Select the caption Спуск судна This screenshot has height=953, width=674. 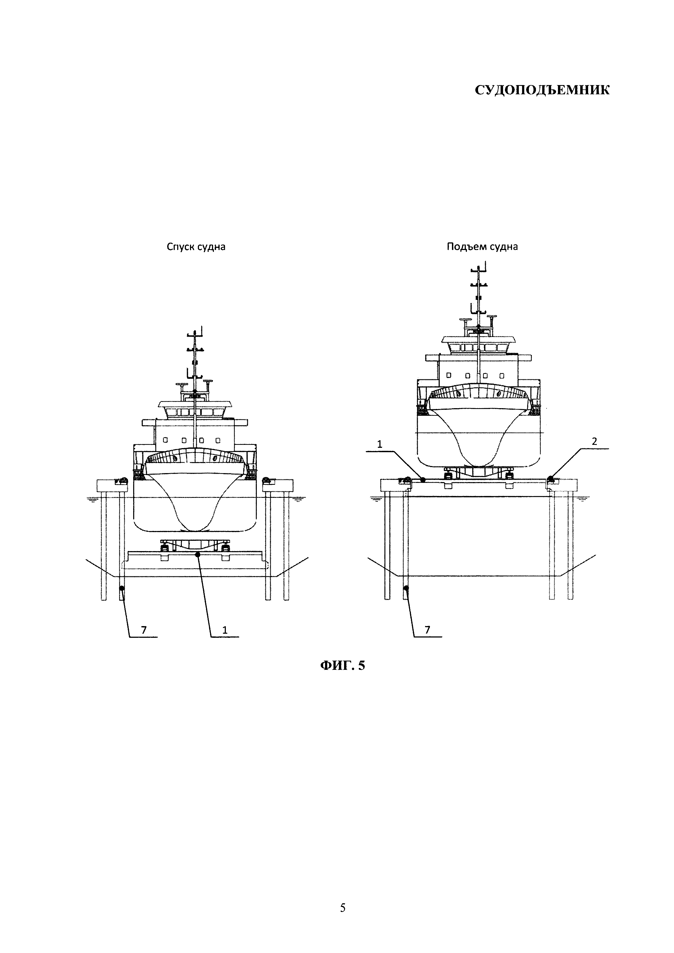point(196,247)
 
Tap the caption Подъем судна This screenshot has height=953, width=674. point(482,247)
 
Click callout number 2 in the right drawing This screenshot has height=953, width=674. point(594,442)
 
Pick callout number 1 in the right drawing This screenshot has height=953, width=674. point(379,444)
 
